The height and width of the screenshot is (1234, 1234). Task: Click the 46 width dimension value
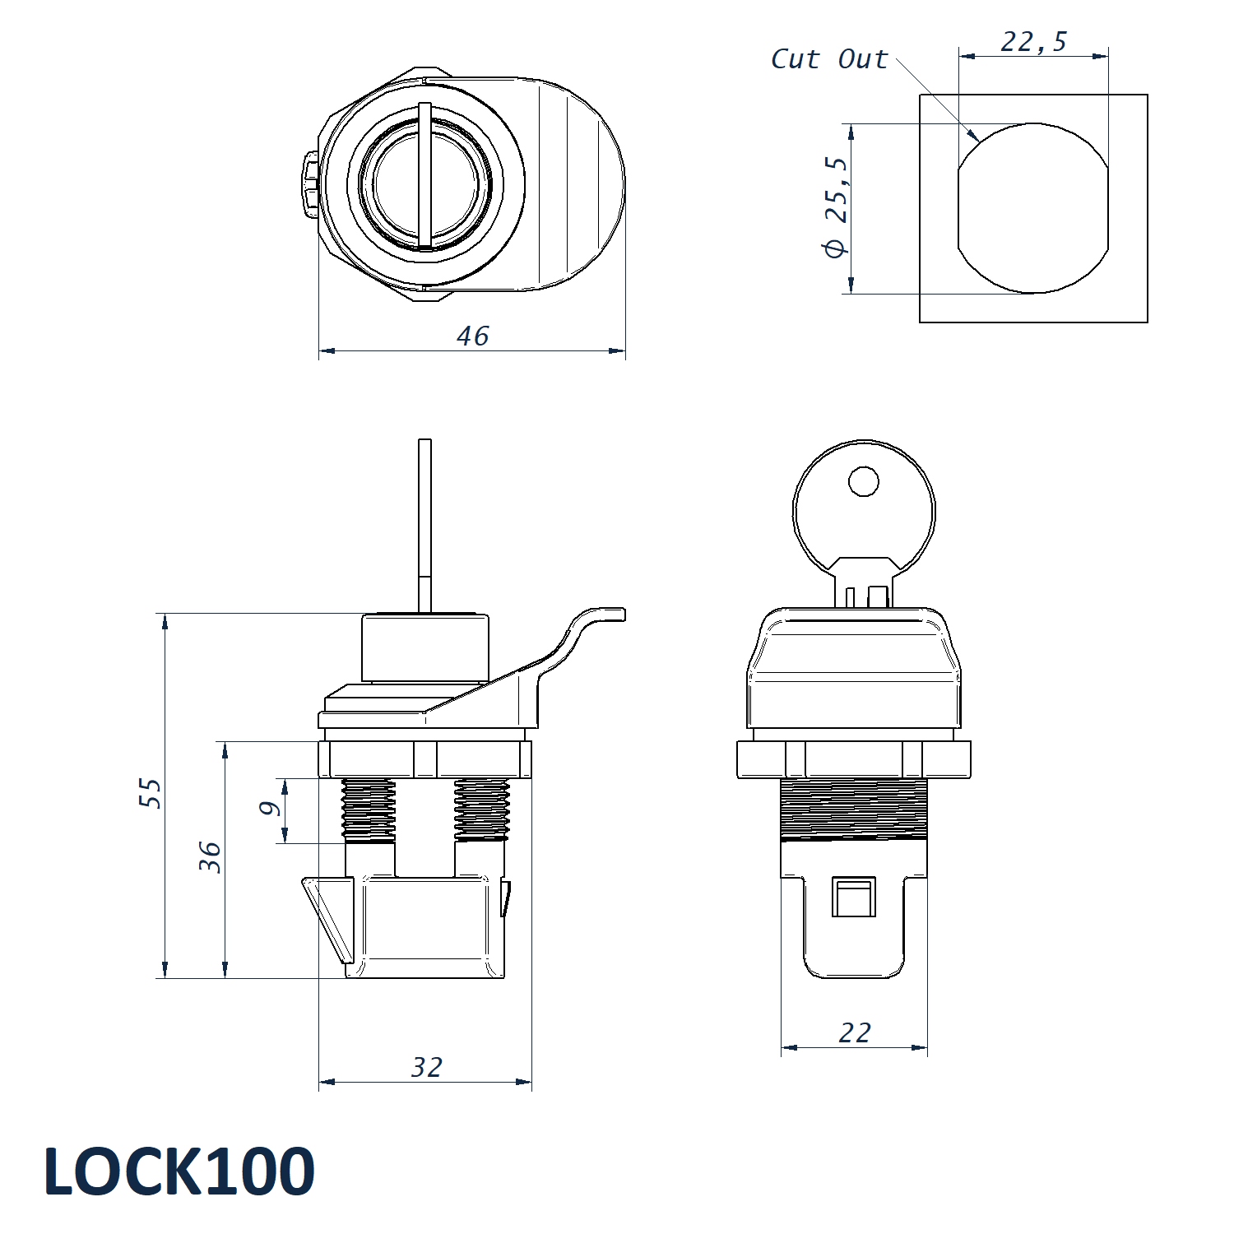click(473, 336)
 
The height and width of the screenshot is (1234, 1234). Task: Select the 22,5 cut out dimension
click(1033, 41)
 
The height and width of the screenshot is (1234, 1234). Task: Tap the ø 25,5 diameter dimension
click(836, 206)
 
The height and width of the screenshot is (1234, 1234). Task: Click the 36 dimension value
click(211, 857)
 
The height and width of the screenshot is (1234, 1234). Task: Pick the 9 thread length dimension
click(270, 809)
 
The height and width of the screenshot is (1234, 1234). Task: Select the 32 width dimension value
click(427, 1067)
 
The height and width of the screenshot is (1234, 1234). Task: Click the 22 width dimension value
click(855, 1032)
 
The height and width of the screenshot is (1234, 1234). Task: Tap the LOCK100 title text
click(179, 1171)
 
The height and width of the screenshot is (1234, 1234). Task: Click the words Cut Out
click(829, 59)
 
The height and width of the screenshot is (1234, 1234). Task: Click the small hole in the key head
click(863, 481)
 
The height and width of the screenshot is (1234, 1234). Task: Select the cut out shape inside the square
click(1032, 208)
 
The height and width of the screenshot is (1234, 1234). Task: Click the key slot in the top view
click(424, 176)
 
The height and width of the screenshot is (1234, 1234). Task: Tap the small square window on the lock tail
click(853, 898)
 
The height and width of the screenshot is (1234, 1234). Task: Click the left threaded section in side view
click(368, 810)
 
